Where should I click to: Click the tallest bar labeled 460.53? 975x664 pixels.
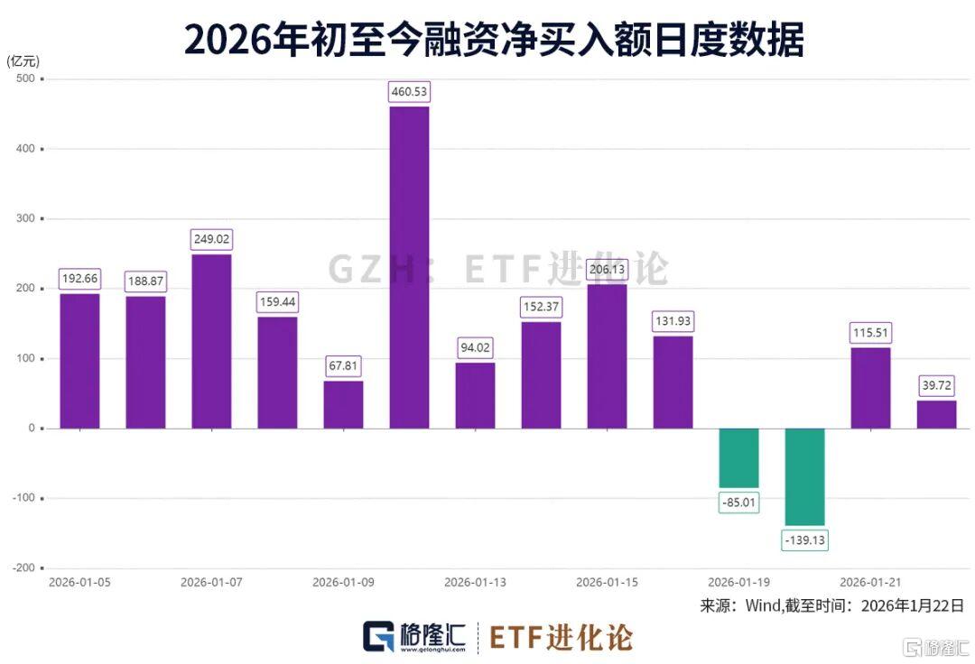[409, 267]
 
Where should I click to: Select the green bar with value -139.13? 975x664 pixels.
[805, 476]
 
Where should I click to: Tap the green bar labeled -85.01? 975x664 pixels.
[738, 457]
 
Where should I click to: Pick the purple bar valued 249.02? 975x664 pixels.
[211, 341]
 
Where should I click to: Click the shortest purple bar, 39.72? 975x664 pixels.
[936, 414]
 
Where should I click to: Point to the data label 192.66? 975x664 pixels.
[79, 279]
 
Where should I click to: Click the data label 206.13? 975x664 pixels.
[607, 270]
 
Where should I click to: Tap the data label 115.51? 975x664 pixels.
[870, 333]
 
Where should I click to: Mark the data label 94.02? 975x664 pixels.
[475, 347]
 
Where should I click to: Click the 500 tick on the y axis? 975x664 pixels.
[24, 78]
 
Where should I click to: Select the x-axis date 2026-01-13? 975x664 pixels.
[475, 583]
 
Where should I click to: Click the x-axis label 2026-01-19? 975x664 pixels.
[738, 583]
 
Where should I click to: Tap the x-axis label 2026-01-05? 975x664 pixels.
[79, 583]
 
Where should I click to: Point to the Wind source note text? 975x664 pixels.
[831, 605]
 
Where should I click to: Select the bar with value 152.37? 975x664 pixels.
[541, 374]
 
